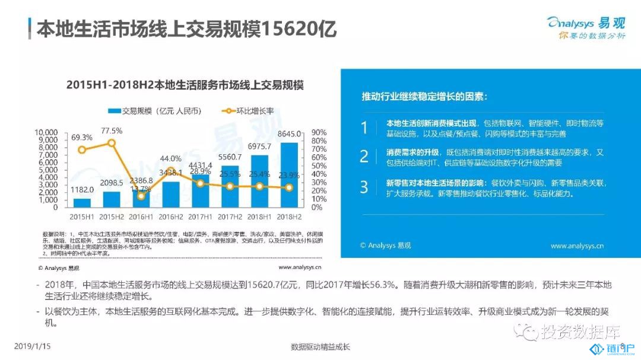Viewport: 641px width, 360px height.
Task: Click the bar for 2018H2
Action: click(289, 175)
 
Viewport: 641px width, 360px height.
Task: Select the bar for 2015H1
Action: click(82, 202)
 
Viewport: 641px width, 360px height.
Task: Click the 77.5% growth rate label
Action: click(112, 130)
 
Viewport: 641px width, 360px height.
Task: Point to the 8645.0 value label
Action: click(290, 134)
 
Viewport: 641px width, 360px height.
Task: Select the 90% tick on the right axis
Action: click(319, 132)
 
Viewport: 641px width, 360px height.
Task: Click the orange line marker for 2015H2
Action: click(112, 143)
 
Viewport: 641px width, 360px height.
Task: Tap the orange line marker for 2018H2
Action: click(289, 187)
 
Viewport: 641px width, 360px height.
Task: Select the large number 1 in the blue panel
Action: click(364, 128)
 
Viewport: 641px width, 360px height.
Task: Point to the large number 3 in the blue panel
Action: click(364, 187)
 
